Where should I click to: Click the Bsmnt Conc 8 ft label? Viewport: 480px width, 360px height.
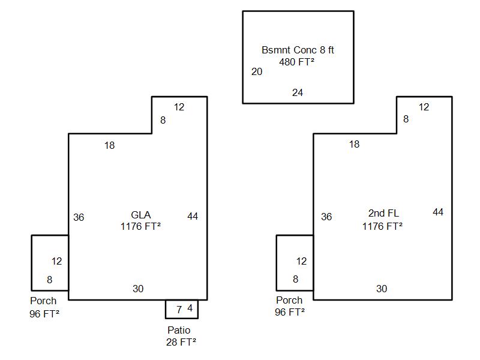pos(298,50)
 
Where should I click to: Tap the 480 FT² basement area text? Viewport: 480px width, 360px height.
pos(297,61)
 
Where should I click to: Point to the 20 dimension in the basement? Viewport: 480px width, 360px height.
pos(257,72)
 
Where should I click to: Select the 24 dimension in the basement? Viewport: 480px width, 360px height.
pos(298,92)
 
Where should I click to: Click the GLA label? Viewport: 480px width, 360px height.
pos(140,215)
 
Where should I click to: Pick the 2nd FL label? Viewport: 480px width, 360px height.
pos(383,213)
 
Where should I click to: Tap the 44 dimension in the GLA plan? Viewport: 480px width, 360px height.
pos(193,216)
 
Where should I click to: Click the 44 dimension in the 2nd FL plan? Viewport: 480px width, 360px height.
pos(438,212)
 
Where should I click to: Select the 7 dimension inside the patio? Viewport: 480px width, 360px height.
pos(179,310)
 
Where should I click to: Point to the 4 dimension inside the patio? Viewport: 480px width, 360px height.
pos(190,308)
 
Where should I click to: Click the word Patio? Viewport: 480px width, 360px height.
pos(179,330)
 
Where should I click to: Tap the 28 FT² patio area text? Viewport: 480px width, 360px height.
pos(181,342)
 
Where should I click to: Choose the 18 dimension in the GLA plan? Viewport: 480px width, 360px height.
pos(109,145)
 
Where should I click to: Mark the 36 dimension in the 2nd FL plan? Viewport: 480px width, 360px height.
pos(326,217)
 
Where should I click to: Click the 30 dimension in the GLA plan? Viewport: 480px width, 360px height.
pos(138,289)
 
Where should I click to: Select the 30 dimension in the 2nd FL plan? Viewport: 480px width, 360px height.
pos(382,289)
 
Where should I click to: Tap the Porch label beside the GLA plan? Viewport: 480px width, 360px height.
pos(43,301)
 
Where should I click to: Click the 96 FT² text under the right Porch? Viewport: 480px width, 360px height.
pos(290,312)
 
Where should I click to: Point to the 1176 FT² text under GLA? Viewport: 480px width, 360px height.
pos(140,226)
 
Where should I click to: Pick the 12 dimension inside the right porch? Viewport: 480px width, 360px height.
pos(301,261)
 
